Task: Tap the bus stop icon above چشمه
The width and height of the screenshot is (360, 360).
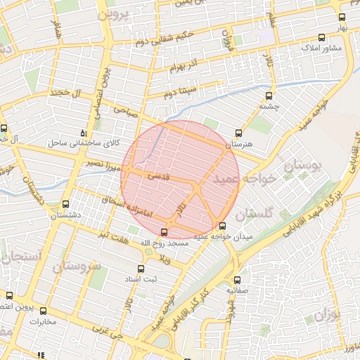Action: coord(269,96)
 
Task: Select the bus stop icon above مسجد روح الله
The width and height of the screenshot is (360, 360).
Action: coord(165,232)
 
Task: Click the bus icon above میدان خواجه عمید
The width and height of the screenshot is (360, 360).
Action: coord(222,226)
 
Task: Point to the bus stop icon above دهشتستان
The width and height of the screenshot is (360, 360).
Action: coord(66,204)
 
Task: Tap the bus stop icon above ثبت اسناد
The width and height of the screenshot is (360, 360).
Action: coord(141,269)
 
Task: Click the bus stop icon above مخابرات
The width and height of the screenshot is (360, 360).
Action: coord(43,311)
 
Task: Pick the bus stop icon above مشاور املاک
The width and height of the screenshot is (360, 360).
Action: coord(321,38)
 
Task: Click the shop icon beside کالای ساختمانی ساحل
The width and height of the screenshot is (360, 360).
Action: coord(84,133)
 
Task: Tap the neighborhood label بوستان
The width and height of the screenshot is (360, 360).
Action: coord(304,167)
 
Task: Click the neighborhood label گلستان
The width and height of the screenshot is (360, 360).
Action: coord(254,212)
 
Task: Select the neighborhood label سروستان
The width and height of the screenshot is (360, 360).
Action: coord(77,266)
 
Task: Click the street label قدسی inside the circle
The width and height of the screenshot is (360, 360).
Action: coord(157,179)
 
